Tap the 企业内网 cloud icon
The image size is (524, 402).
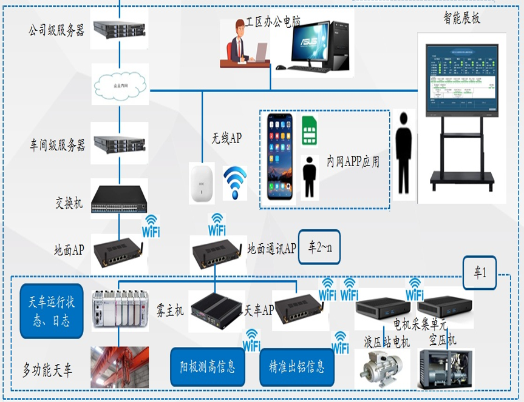120,85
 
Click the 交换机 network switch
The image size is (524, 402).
120,199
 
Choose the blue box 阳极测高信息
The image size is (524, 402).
207,366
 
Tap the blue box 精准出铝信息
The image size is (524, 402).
296,366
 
